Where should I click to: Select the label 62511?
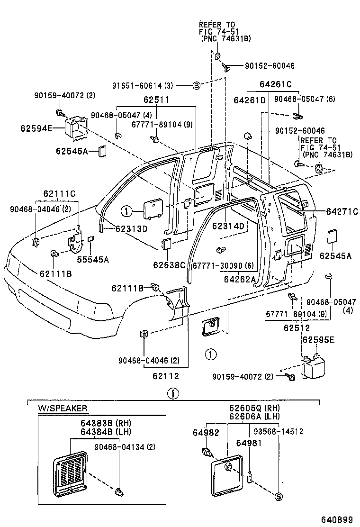[156, 100]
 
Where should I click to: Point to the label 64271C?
[342, 211]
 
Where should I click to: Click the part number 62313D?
[132, 229]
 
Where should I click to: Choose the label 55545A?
[93, 259]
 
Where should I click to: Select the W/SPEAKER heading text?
[63, 408]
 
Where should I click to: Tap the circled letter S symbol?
[279, 497]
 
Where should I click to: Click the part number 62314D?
[228, 226]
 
